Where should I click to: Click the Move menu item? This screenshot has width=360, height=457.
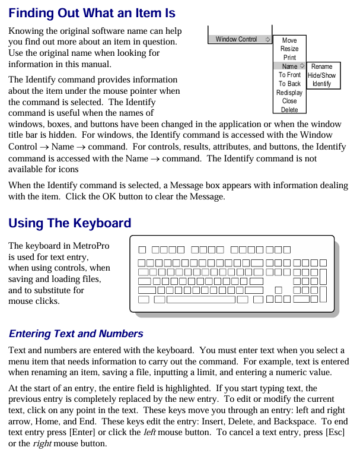click(289, 40)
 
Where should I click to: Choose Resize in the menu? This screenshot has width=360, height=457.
click(289, 49)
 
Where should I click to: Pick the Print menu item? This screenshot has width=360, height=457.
click(289, 58)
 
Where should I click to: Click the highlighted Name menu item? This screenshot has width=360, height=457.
click(289, 66)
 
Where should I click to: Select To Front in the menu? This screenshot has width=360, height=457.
click(289, 75)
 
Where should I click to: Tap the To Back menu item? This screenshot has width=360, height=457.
click(289, 84)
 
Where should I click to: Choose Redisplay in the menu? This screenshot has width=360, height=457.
click(289, 93)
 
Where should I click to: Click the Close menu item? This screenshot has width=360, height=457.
click(289, 101)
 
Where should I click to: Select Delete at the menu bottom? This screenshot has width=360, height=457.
click(289, 110)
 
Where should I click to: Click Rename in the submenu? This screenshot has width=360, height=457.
click(322, 66)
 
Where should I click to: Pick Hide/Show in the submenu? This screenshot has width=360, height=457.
click(322, 75)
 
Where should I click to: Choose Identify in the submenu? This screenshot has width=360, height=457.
click(322, 84)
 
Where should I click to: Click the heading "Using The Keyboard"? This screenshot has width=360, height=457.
click(70, 224)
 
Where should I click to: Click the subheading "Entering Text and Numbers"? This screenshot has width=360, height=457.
click(76, 334)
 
